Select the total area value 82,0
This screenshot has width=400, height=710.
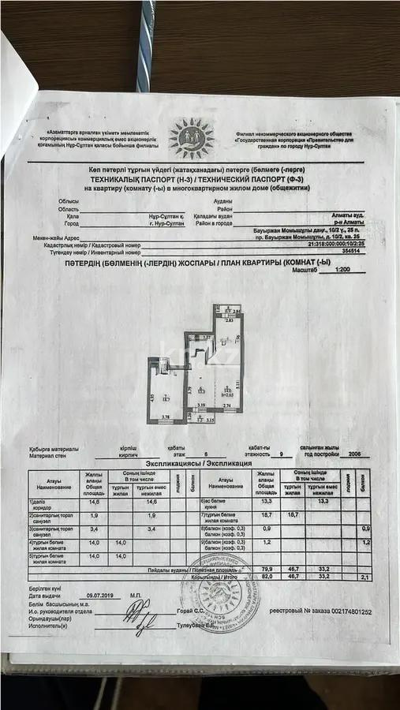point(265,577)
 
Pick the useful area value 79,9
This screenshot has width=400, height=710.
point(265,569)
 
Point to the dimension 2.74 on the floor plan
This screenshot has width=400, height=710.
point(226,405)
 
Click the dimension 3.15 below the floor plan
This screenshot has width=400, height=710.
point(211,420)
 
